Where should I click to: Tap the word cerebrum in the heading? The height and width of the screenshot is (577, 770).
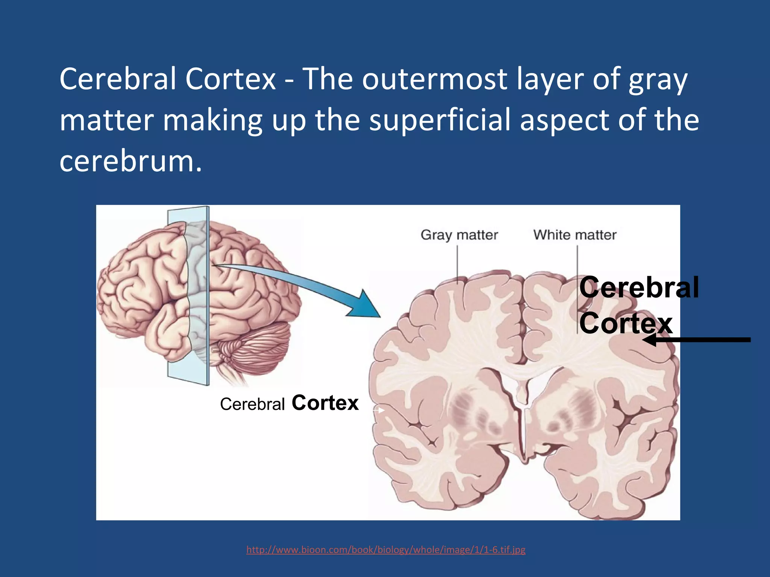point(126,161)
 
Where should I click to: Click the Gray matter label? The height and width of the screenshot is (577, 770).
point(459,235)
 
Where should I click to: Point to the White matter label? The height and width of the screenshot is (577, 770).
point(575,235)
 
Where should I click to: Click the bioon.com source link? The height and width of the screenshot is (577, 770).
point(386,550)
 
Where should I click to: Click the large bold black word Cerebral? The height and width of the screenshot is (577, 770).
point(639,288)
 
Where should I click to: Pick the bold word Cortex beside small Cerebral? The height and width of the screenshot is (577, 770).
point(325,403)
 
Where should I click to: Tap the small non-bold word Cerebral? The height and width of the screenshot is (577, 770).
point(252,405)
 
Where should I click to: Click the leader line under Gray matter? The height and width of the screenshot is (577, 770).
point(458,263)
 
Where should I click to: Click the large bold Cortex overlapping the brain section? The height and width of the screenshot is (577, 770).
point(626,323)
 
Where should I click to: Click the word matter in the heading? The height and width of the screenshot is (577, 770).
point(107,120)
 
